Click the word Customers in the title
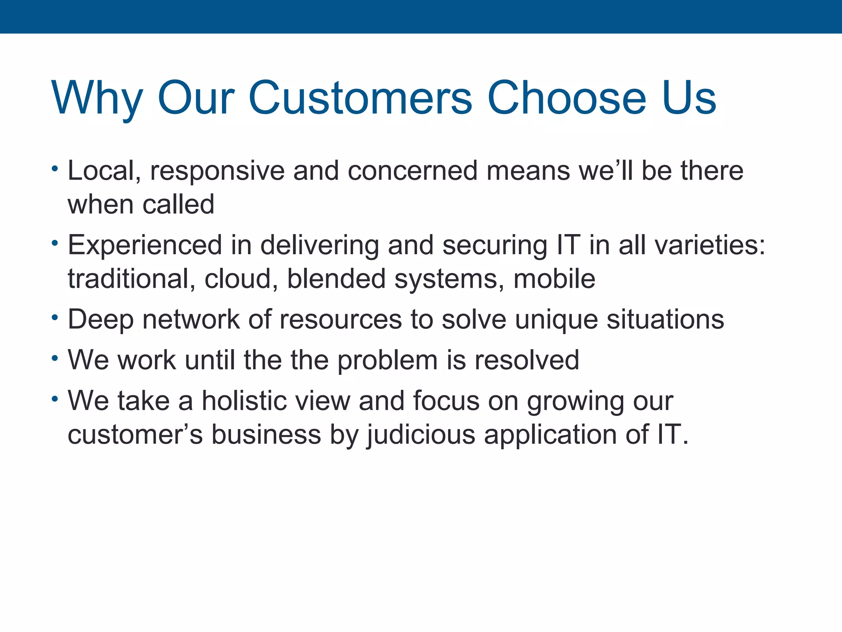click(360, 98)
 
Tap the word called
click(178, 204)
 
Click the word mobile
click(554, 279)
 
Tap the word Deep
click(101, 320)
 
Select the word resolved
click(527, 360)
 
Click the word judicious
click(421, 435)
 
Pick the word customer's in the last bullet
click(135, 434)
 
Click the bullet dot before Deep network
click(55, 318)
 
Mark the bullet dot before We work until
click(55, 358)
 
